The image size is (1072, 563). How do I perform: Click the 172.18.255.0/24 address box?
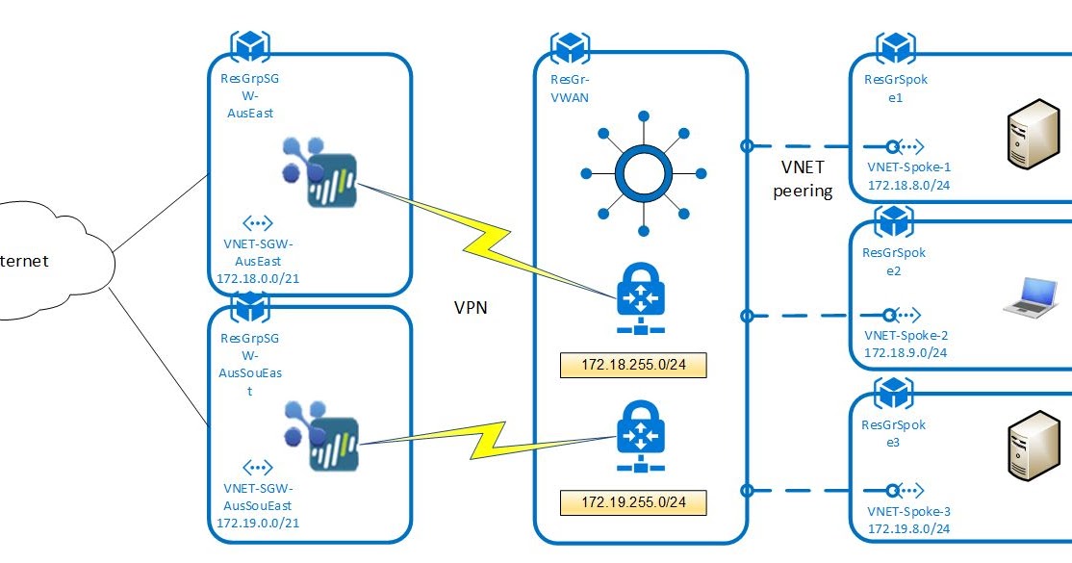tap(632, 366)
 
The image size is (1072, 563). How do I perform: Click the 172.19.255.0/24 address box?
tap(632, 501)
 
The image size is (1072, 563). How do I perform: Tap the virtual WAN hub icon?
tap(640, 173)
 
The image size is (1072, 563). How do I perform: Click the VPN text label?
tap(472, 308)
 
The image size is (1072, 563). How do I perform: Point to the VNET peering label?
tap(802, 179)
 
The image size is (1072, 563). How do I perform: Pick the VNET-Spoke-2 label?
tap(906, 336)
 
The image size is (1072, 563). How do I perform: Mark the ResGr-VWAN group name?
tap(570, 90)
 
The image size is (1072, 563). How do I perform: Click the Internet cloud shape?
tap(48, 260)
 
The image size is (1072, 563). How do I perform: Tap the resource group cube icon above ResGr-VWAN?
tap(570, 46)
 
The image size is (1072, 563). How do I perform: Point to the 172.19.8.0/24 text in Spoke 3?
tap(907, 529)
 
